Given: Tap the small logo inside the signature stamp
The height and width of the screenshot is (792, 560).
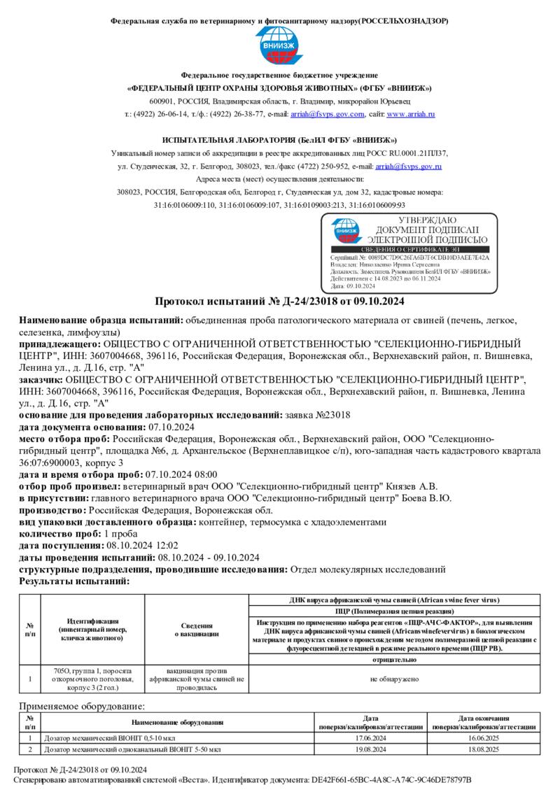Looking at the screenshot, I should (346, 229).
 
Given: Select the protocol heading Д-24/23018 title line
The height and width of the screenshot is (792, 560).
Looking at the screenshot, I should (279, 302).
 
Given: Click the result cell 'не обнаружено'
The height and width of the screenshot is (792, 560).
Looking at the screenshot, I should (395, 679).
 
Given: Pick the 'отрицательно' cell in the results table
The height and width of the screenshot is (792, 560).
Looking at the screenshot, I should (395, 660).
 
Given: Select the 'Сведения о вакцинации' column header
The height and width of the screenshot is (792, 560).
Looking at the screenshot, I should (197, 629).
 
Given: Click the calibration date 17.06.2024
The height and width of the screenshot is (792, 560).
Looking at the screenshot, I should (371, 738).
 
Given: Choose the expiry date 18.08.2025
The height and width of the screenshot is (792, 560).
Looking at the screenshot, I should (484, 749).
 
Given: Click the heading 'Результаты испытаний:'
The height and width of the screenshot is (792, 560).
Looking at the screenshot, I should (74, 581).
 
